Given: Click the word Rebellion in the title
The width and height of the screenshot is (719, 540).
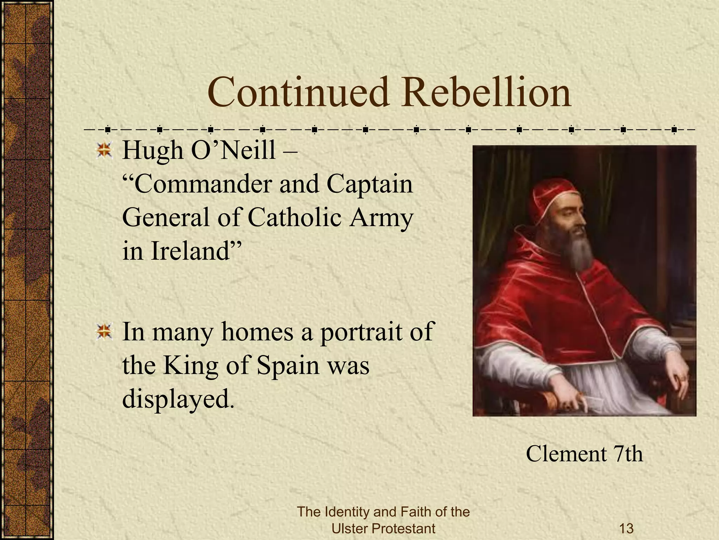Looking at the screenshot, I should click(x=487, y=92).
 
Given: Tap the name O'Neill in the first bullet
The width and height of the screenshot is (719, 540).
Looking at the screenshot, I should click(x=233, y=150).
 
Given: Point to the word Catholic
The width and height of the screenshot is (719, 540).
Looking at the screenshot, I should click(x=295, y=218).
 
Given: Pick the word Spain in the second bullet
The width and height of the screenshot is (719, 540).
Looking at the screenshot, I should click(x=288, y=366).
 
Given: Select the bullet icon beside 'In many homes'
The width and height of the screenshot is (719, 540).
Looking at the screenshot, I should click(x=104, y=332).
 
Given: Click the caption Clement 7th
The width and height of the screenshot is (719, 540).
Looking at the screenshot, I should click(x=584, y=454).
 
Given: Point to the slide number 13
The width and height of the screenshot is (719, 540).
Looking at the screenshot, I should click(x=626, y=528).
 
